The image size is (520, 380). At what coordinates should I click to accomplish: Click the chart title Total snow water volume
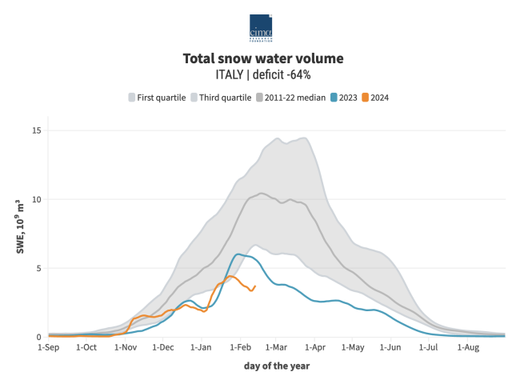point(262,58)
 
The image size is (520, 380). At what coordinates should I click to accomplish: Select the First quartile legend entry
point(157,98)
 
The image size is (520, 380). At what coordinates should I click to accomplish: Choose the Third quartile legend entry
point(219,98)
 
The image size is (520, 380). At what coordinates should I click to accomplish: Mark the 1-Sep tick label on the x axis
point(49,348)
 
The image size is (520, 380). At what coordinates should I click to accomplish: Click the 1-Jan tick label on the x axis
point(201,348)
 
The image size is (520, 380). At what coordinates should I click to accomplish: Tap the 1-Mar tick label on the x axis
point(275,348)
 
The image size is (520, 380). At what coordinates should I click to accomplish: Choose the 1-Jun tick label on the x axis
point(390,348)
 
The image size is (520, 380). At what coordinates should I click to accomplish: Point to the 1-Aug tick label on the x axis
point(467,348)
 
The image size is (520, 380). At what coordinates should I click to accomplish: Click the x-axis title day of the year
point(276,366)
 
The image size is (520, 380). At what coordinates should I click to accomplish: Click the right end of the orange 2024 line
point(254,286)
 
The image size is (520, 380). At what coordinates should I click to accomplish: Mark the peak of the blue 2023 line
point(238,254)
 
